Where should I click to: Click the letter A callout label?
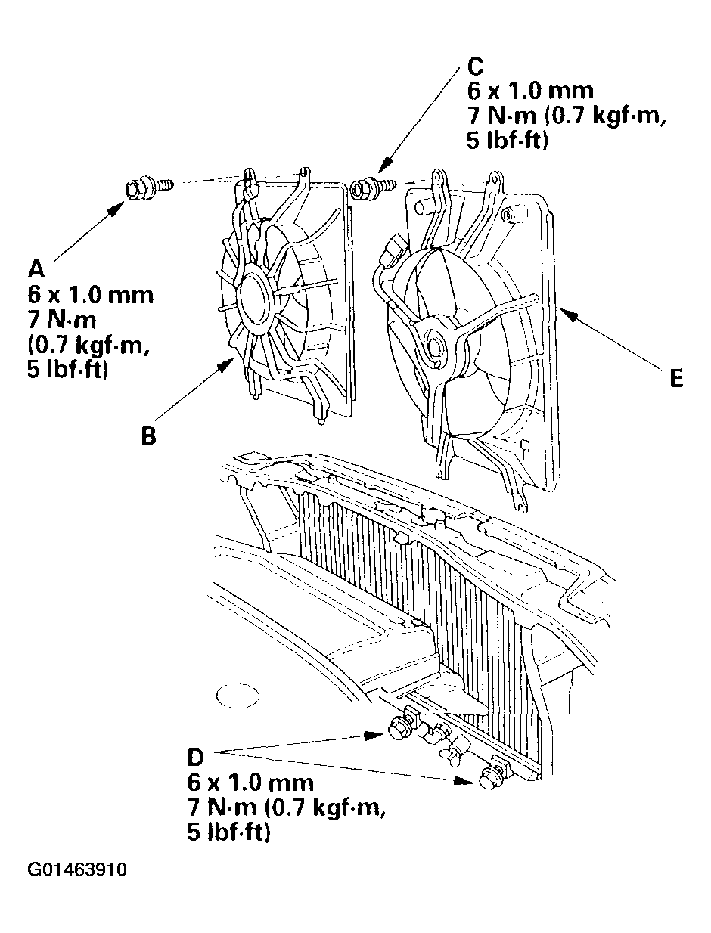tap(36, 269)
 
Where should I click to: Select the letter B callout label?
tap(149, 436)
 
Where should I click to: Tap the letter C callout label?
tap(475, 66)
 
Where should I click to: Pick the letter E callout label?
tap(676, 378)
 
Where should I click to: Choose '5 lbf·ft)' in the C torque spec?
tap(508, 141)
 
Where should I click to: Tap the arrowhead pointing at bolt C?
tap(384, 166)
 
